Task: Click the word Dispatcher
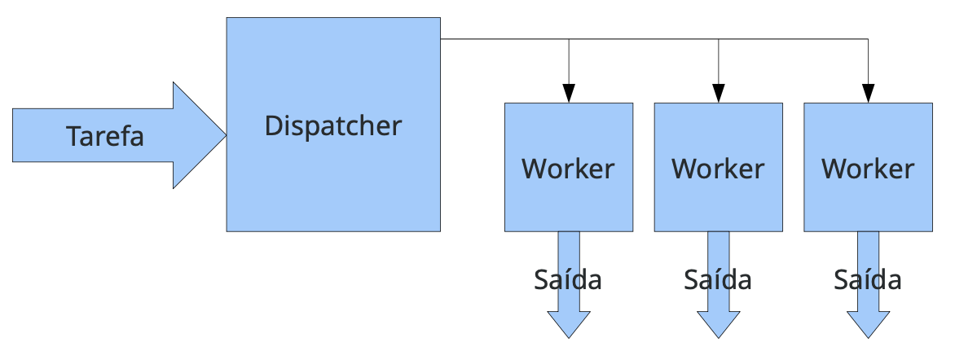[x=333, y=126]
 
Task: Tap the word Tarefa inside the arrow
[x=105, y=136]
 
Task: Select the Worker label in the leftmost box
[x=568, y=169]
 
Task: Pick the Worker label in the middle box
[x=718, y=169]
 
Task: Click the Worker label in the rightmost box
[x=868, y=169]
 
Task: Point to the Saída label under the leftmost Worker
[x=568, y=279]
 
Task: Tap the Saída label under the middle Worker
[x=718, y=279]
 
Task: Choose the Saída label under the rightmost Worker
[x=868, y=279]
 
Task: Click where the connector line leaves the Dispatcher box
[x=442, y=38]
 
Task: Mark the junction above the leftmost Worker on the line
[x=569, y=38]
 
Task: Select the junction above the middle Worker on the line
[x=719, y=38]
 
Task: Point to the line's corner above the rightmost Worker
[x=869, y=38]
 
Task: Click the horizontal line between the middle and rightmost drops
[x=794, y=38]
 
